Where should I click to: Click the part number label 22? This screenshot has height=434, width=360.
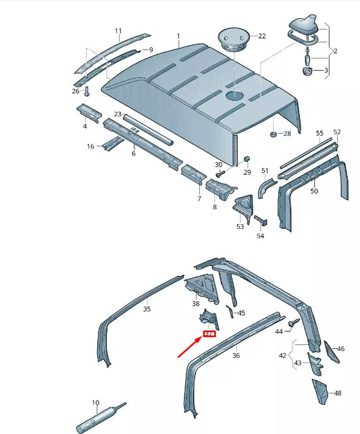[262, 36]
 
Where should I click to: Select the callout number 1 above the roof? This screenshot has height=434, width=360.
[178, 36]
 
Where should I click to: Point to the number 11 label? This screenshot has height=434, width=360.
[118, 31]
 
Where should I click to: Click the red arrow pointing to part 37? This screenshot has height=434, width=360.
[190, 347]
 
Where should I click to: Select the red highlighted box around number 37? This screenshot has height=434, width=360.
[209, 334]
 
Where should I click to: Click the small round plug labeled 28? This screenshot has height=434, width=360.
[273, 134]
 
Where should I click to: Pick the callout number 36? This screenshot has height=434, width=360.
[236, 355]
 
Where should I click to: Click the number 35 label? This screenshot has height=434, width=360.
[147, 310]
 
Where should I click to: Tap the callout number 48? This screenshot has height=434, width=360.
[338, 393]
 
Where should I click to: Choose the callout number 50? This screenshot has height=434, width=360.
[313, 192]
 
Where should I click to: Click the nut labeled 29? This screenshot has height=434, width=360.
[247, 159]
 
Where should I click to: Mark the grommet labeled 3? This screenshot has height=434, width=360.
[306, 70]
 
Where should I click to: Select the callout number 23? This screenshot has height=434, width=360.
[118, 114]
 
